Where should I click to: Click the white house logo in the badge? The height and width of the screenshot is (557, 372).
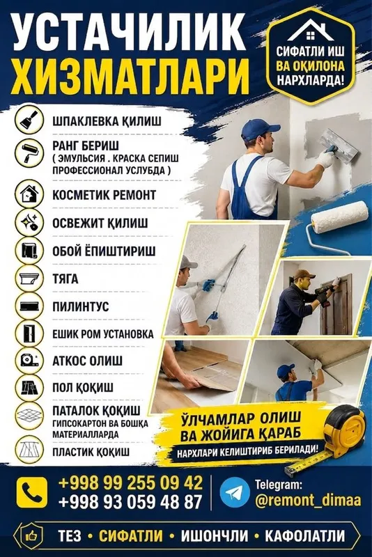(311, 30)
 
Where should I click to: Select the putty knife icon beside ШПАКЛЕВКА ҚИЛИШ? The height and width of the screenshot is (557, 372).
(29, 120)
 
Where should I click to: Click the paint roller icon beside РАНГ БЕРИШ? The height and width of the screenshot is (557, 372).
(29, 152)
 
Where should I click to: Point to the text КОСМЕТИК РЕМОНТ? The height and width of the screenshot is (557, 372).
(104, 195)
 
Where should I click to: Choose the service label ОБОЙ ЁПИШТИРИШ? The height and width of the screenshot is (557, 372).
(104, 251)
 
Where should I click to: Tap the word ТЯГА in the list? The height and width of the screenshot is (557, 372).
(65, 279)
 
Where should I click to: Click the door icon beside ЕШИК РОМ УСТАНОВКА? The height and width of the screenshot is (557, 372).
(29, 334)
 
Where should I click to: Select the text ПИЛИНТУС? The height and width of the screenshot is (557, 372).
(81, 306)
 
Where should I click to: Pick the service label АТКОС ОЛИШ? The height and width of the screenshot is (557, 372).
(87, 361)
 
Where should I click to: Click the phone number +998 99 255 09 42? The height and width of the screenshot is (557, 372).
(130, 483)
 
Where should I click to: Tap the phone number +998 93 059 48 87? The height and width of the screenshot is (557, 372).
(130, 502)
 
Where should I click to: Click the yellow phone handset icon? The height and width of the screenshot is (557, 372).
(31, 492)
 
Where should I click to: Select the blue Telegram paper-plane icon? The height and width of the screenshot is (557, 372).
(235, 492)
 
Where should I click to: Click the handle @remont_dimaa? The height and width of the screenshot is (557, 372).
(308, 500)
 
